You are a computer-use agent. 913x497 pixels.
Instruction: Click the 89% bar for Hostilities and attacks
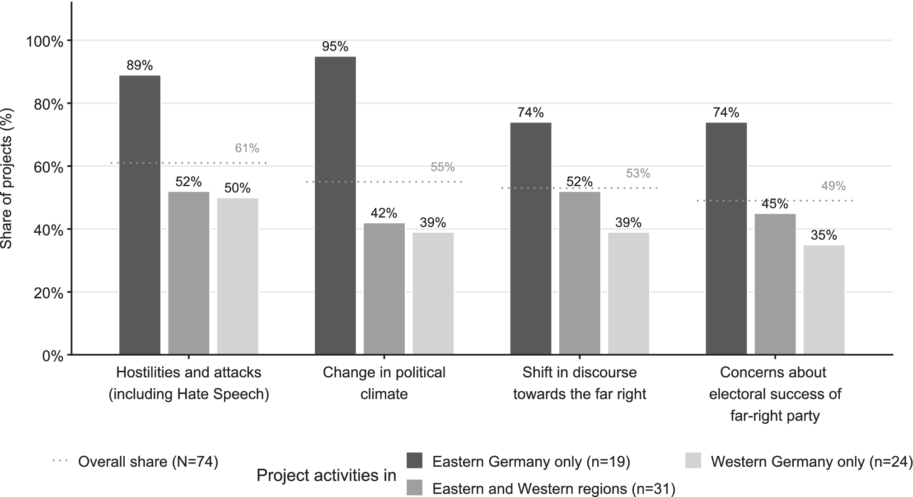pyautogui.click(x=140, y=215)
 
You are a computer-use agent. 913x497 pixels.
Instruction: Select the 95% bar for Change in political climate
pyautogui.click(x=335, y=206)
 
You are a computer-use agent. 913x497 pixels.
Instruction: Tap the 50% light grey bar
pyautogui.click(x=238, y=277)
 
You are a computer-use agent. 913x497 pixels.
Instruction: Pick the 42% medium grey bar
pyautogui.click(x=384, y=289)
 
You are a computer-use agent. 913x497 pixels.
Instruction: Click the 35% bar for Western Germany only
pyautogui.click(x=824, y=300)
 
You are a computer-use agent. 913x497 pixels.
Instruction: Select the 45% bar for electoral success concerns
pyautogui.click(x=775, y=284)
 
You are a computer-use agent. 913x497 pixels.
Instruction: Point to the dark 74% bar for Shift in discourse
pyautogui.click(x=531, y=239)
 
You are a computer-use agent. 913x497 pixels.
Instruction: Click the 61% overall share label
pyautogui.click(x=247, y=148)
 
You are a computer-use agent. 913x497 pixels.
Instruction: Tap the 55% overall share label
pyautogui.click(x=443, y=167)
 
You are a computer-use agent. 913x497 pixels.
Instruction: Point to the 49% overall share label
pyautogui.click(x=833, y=186)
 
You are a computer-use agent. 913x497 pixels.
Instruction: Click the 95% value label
pyautogui.click(x=335, y=47)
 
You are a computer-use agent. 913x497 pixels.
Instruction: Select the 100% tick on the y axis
pyautogui.click(x=44, y=42)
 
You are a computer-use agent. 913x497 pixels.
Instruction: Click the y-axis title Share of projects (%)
pyautogui.click(x=7, y=178)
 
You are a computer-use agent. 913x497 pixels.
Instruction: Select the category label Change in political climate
pyautogui.click(x=384, y=383)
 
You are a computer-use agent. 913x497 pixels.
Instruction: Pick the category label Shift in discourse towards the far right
pyautogui.click(x=580, y=383)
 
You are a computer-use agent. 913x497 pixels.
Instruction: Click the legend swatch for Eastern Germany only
pyautogui.click(x=414, y=460)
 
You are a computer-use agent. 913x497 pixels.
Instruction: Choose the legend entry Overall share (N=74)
pyautogui.click(x=136, y=462)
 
